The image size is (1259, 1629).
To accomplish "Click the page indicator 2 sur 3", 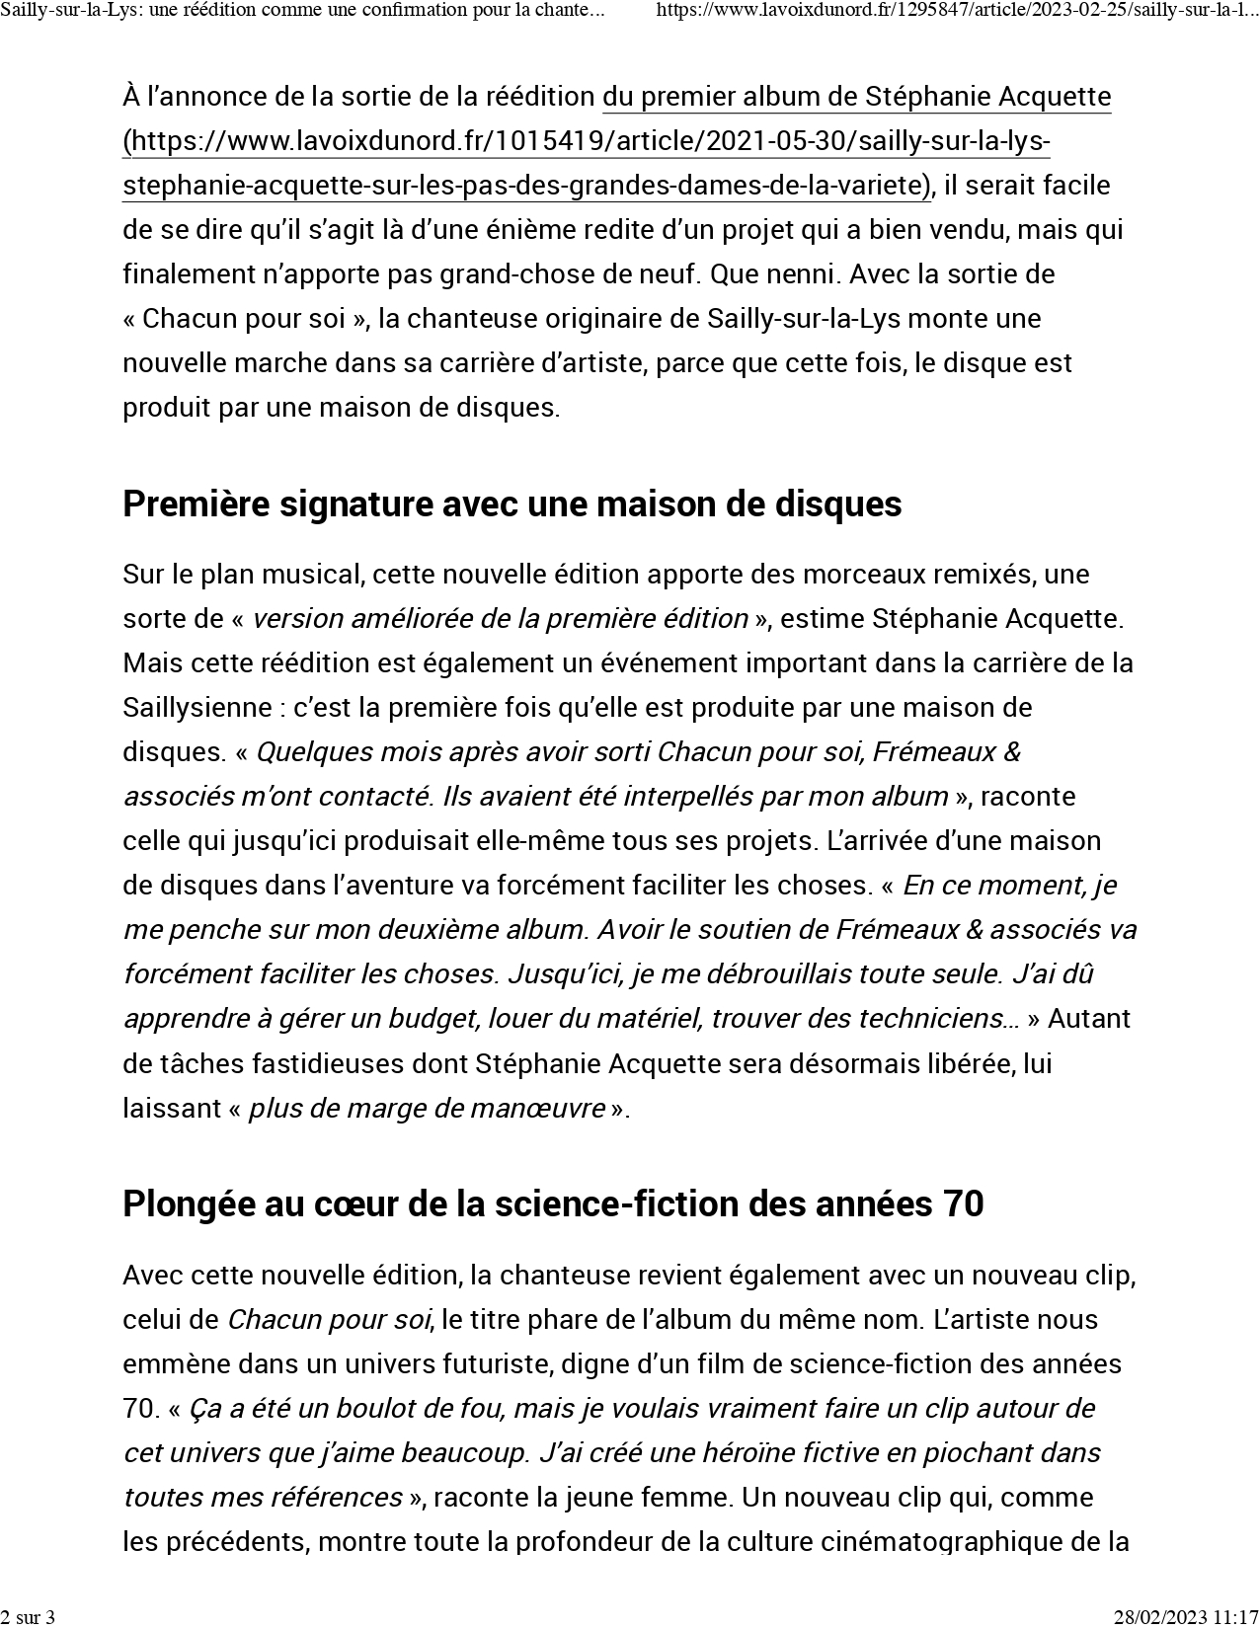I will (x=28, y=1616).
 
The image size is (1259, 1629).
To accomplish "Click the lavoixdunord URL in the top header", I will (x=956, y=11).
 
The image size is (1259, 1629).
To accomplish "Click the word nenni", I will (x=807, y=273).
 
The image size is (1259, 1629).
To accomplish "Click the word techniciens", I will (x=937, y=1018).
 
